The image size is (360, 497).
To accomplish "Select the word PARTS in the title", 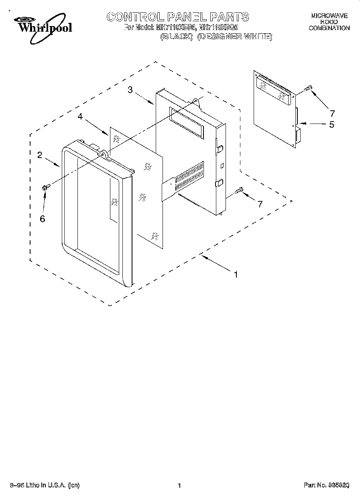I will pos(230,17).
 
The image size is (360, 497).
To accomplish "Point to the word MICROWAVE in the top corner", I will pos(329,16).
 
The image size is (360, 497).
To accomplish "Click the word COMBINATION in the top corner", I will pos(329,28).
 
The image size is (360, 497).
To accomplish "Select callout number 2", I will pos(40,155).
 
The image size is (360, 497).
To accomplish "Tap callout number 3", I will pos(130,90).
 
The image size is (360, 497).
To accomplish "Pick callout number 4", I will pos(80,116).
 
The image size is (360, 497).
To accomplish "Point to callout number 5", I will pos(332,124).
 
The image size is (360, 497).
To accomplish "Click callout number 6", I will pos(43,219).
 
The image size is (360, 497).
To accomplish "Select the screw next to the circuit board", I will pos(308,88).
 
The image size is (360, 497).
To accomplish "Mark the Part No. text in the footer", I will pos(326,486).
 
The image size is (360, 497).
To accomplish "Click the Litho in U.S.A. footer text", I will pos(44,486).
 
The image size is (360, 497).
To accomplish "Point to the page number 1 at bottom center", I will pos(179,486).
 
